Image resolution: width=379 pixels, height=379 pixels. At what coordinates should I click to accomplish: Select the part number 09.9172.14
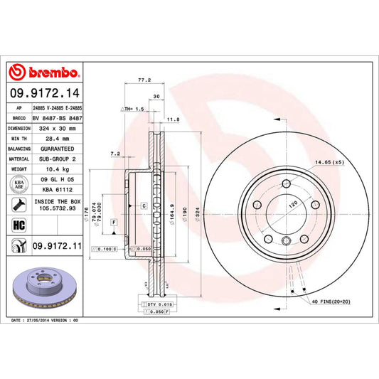click(x=44, y=91)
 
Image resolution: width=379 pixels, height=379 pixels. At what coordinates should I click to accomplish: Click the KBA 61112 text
click(x=59, y=190)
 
